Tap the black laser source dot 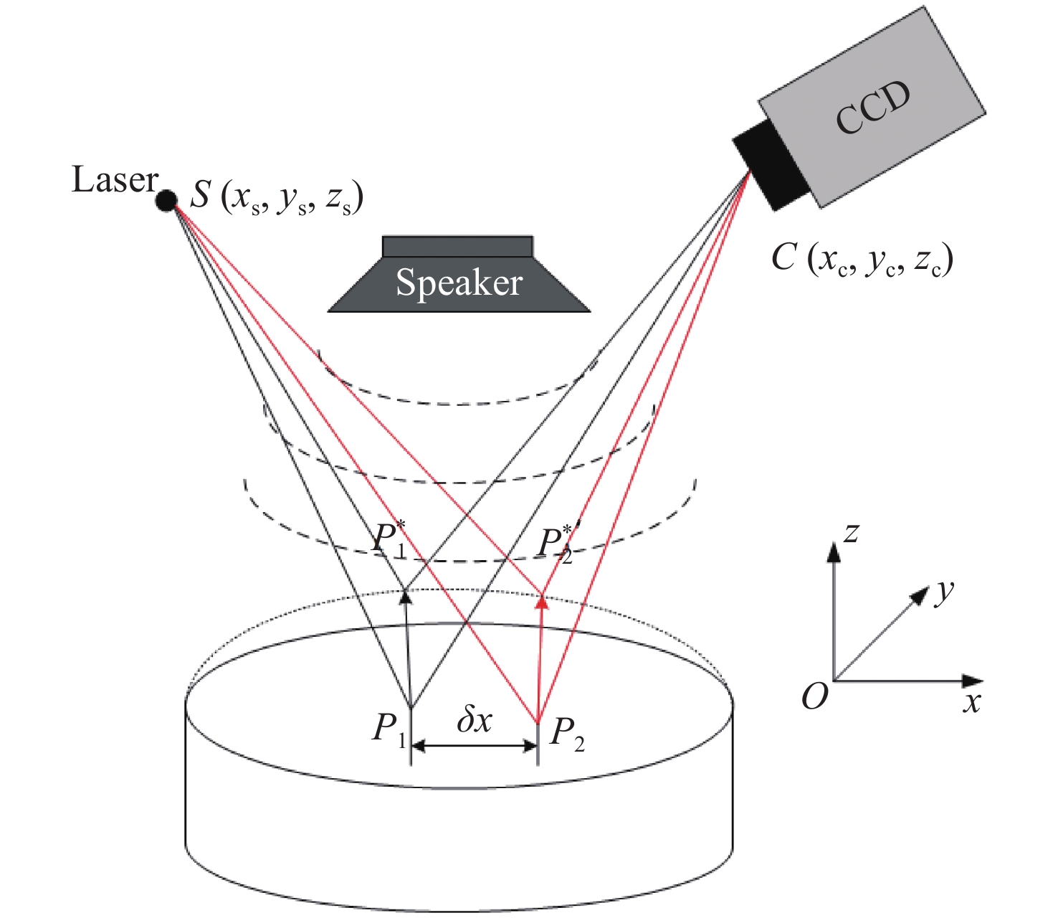pyautogui.click(x=166, y=201)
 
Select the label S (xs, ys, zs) pyautogui.click(x=277, y=197)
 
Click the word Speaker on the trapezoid pyautogui.click(x=459, y=282)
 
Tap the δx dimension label pyautogui.click(x=475, y=719)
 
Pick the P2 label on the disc pyautogui.click(x=567, y=733)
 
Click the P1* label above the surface pyautogui.click(x=390, y=539)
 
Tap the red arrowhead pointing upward pyautogui.click(x=543, y=602)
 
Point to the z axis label pyautogui.click(x=852, y=532)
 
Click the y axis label pyautogui.click(x=945, y=591)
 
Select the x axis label pyautogui.click(x=971, y=702)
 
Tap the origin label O pyautogui.click(x=815, y=696)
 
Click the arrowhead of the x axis pyautogui.click(x=973, y=680)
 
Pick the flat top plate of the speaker pyautogui.click(x=457, y=246)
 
